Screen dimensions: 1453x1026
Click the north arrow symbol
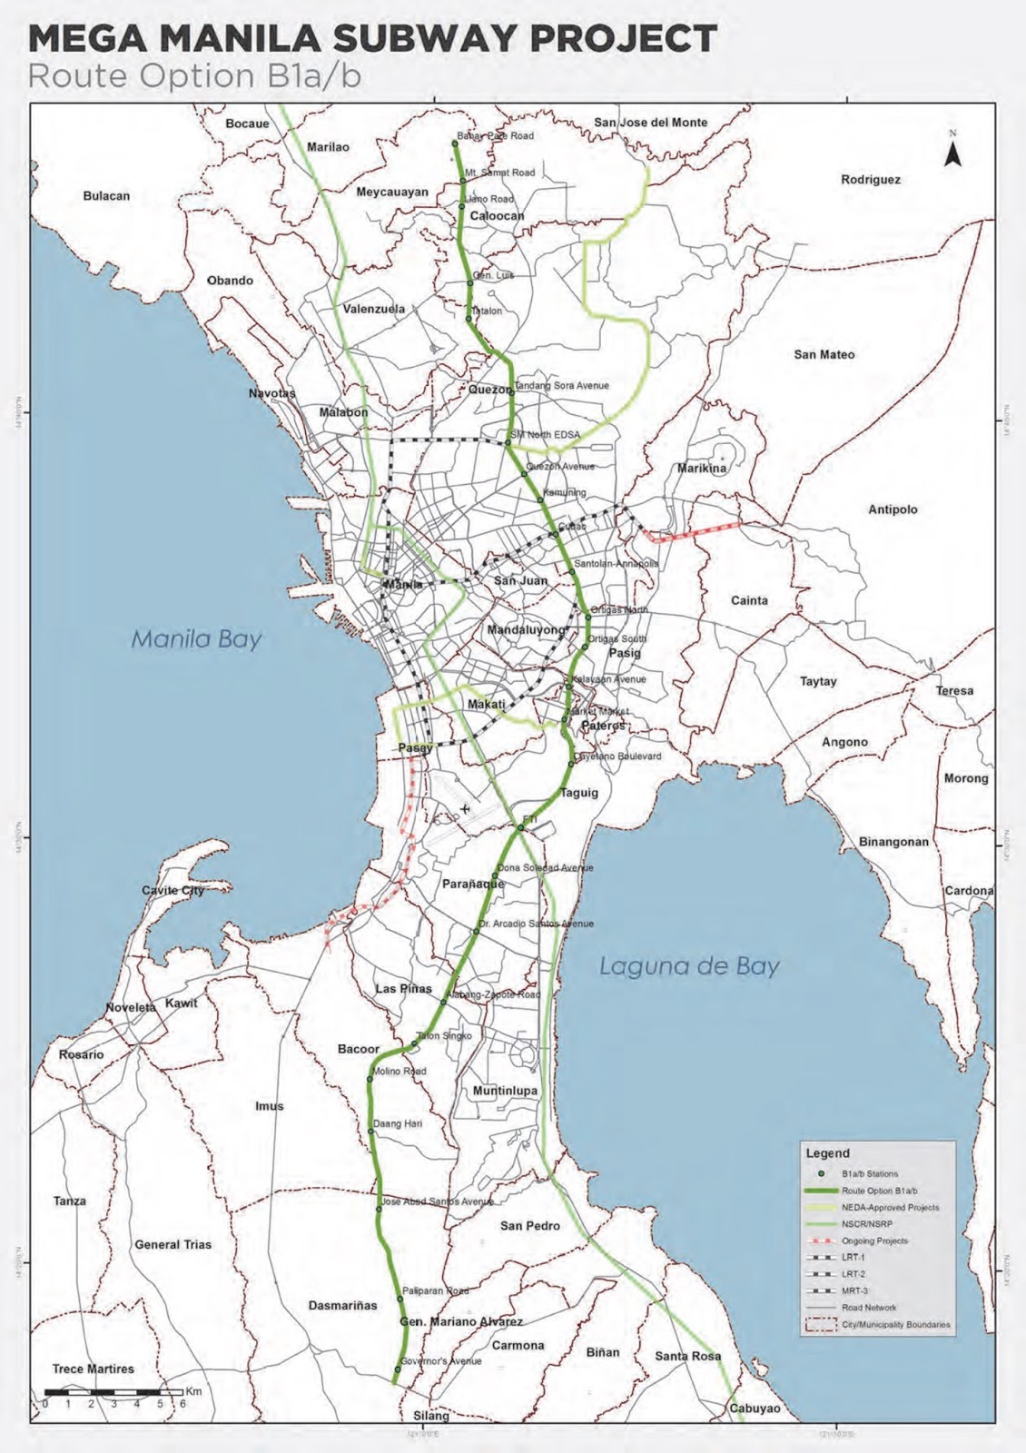pyautogui.click(x=952, y=153)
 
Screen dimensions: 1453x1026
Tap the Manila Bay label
pyautogui.click(x=196, y=639)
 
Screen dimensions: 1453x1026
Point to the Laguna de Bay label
pyautogui.click(x=689, y=965)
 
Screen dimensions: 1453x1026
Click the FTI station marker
pyautogui.click(x=521, y=827)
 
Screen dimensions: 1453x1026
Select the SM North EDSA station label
pyautogui.click(x=545, y=435)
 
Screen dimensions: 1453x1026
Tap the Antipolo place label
pyautogui.click(x=893, y=509)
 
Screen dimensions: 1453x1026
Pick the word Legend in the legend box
pyautogui.click(x=827, y=1153)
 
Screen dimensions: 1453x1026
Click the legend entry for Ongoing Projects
pyautogui.click(x=874, y=1240)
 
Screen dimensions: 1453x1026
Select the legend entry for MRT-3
pyautogui.click(x=854, y=1290)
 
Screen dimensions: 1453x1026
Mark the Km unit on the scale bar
pyautogui.click(x=193, y=1391)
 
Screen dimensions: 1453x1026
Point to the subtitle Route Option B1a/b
pyautogui.click(x=194, y=76)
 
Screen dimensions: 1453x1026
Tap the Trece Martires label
pyautogui.click(x=93, y=1369)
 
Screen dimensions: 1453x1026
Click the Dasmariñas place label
pyautogui.click(x=342, y=1306)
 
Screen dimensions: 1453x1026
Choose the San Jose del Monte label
pyautogui.click(x=650, y=123)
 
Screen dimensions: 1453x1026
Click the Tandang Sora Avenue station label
pyautogui.click(x=562, y=385)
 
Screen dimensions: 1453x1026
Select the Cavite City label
pyautogui.click(x=173, y=890)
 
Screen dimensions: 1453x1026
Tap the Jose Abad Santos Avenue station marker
pyautogui.click(x=380, y=1209)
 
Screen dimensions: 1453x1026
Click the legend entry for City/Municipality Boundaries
pyautogui.click(x=895, y=1325)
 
